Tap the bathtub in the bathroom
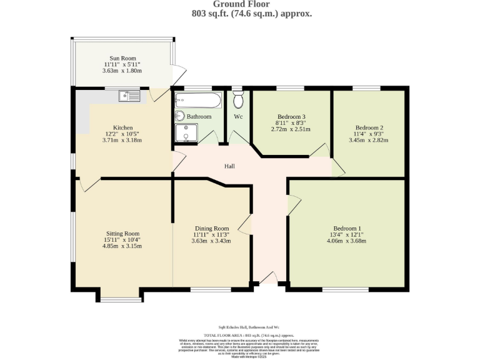click(197, 100)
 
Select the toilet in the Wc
click(238, 100)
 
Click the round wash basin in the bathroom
click(179, 116)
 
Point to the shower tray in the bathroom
click(186, 132)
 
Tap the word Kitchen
click(122, 127)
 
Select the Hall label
click(229, 166)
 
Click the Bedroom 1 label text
click(347, 228)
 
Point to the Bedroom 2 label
click(368, 127)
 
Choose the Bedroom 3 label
click(291, 116)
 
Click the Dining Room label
click(211, 228)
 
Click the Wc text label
click(238, 117)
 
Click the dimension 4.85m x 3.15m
click(122, 246)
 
